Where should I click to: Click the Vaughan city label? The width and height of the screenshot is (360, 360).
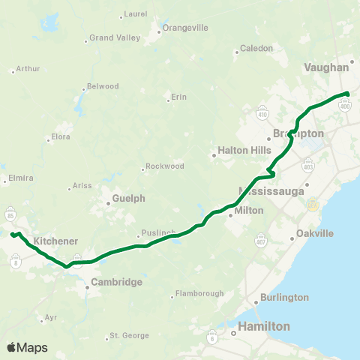pyautogui.click(x=328, y=67)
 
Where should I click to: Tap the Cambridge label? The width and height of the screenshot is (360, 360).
pyautogui.click(x=116, y=283)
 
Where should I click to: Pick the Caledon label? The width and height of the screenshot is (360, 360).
pyautogui.click(x=256, y=49)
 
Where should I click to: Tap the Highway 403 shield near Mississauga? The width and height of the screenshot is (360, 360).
pyautogui.click(x=308, y=164)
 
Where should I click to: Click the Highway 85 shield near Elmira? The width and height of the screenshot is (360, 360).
pyautogui.click(x=10, y=212)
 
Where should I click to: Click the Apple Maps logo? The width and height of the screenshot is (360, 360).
pyautogui.click(x=26, y=347)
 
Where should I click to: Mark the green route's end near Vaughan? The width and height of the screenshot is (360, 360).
pyautogui.click(x=348, y=93)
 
